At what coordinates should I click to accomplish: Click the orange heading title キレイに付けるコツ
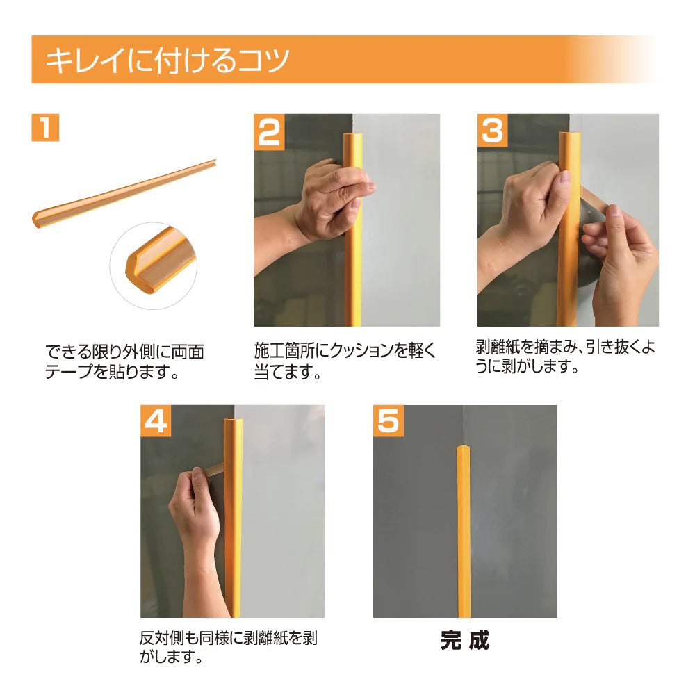(167, 60)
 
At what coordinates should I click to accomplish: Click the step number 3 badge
(493, 131)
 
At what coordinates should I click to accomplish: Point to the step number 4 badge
(156, 421)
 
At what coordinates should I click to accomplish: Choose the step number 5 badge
(389, 421)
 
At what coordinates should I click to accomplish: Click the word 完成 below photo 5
(464, 640)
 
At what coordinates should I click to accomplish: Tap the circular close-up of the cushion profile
(153, 265)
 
